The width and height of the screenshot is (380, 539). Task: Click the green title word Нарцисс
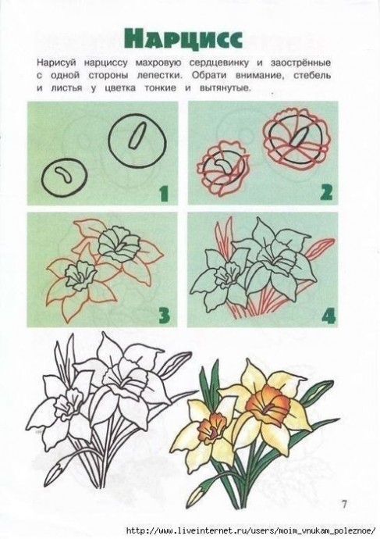click(183, 38)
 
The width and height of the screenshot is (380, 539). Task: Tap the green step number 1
click(164, 193)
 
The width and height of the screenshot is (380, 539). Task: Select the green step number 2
click(325, 192)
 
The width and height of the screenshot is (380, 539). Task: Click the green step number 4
click(329, 316)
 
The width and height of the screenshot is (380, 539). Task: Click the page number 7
click(344, 504)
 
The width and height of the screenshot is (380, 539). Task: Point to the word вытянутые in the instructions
click(225, 88)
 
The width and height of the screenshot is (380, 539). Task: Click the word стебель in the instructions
click(311, 75)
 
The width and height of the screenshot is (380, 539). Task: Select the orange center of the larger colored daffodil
click(268, 402)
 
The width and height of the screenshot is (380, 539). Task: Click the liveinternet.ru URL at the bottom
click(251, 530)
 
